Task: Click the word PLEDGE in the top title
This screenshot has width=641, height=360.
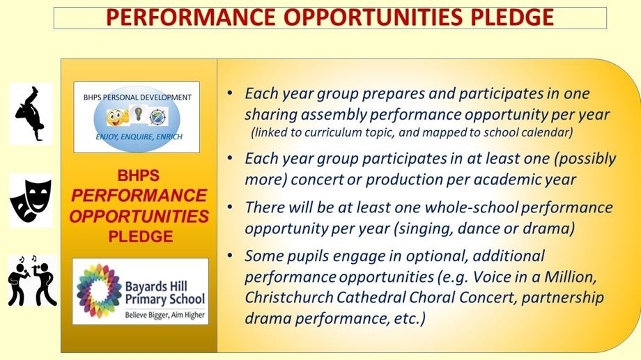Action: [x=512, y=17]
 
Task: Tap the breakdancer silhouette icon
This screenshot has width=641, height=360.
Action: [x=31, y=114]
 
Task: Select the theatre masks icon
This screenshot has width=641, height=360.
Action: [x=31, y=201]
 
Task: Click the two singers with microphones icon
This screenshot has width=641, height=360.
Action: [x=32, y=281]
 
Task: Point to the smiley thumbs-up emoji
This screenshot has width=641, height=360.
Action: [x=117, y=118]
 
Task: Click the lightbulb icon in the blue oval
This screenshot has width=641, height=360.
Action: [x=138, y=113]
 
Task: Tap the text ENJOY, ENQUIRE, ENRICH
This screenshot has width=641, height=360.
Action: [x=139, y=136]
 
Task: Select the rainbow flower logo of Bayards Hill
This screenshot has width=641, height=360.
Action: [x=98, y=290]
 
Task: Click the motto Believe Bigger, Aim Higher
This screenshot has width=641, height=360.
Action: [x=164, y=315]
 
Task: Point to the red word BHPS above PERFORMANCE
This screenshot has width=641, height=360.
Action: [x=138, y=175]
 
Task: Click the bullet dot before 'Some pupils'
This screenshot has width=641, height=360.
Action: [x=230, y=256]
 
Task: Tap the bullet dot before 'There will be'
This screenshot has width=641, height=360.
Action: [x=230, y=208]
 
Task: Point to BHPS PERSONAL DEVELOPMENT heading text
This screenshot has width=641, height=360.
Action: [x=137, y=97]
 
